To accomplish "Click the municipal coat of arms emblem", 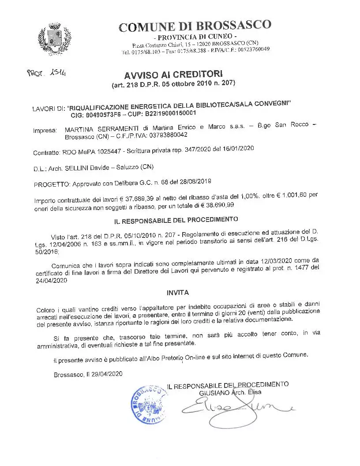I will click(x=55, y=38).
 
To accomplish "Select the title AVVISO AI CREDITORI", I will click(x=173, y=74).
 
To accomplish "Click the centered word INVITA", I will click(x=178, y=292).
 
